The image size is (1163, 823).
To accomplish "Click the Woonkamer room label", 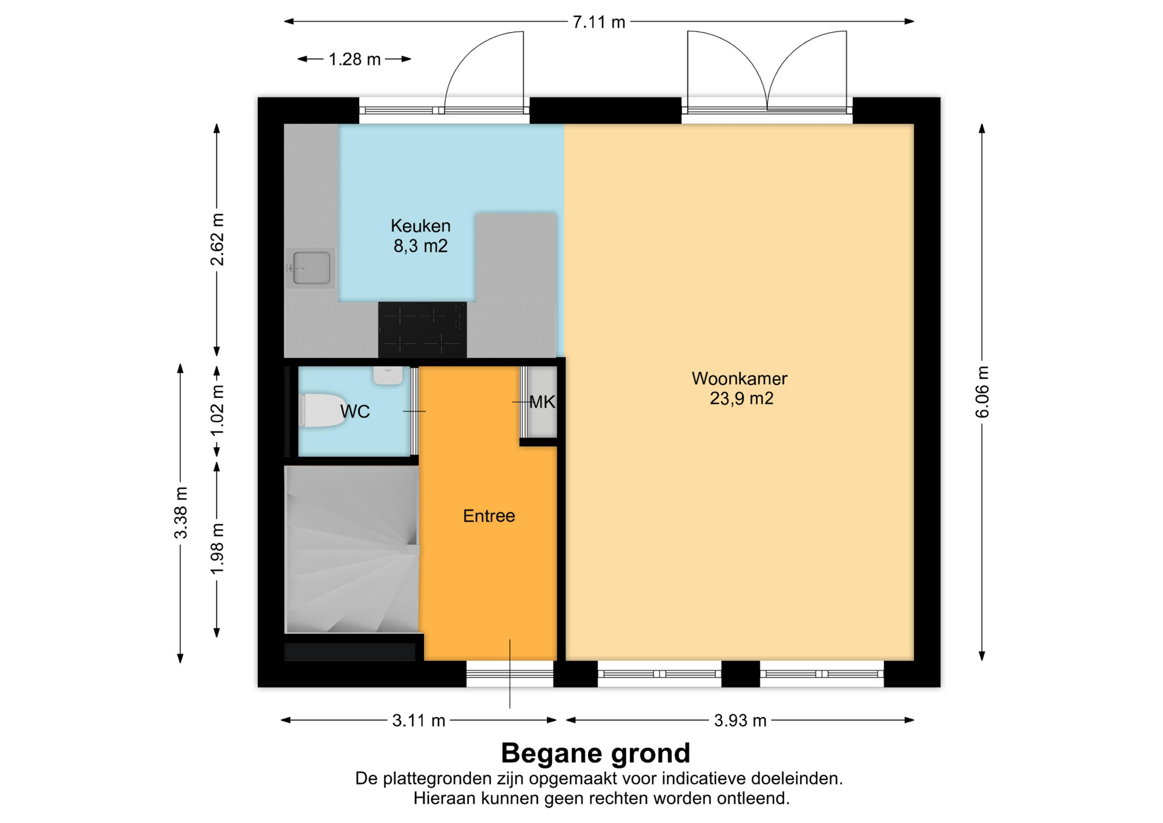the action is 740,379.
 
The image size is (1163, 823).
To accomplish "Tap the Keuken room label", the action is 420,226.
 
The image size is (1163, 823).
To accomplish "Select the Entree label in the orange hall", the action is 489,516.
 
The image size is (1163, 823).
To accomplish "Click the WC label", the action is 355,411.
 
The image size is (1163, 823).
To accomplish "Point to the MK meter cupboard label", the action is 542,402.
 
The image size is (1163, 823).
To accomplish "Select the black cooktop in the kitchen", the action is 422,330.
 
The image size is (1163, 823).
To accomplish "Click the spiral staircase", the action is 352,549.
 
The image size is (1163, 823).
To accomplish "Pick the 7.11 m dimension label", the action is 599,22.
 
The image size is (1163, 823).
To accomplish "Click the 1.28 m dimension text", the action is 354,59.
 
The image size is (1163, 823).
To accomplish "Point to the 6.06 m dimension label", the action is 982,392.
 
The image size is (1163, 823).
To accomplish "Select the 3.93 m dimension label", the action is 740,721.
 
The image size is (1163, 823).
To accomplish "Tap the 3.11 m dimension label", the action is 419,721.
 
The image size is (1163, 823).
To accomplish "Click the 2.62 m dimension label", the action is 217,240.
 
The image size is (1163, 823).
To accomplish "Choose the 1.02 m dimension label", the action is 217,410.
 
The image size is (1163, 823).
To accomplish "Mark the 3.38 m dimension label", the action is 181,513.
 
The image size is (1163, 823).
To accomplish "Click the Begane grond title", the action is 595,753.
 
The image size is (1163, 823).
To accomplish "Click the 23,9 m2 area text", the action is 741,399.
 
